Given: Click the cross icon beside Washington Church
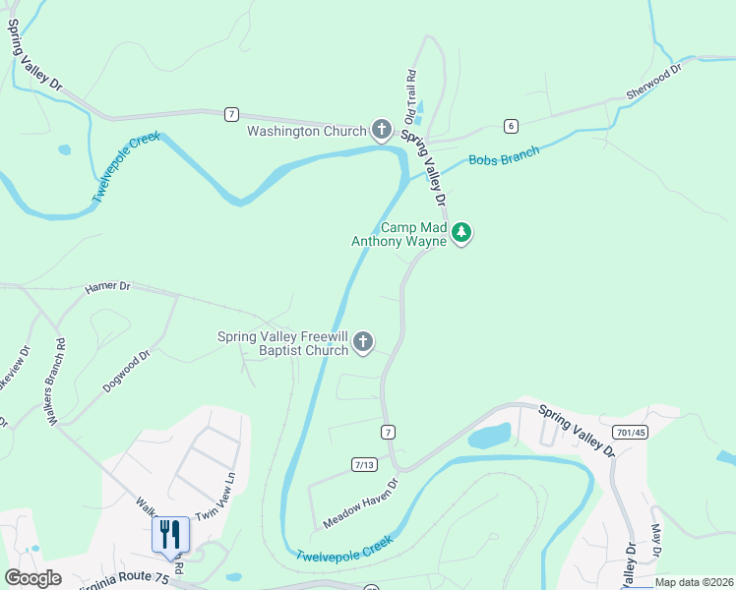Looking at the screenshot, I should click(x=382, y=130).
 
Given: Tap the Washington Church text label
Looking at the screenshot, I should click(x=306, y=131).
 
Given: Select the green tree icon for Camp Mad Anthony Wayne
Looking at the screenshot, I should click(x=462, y=233).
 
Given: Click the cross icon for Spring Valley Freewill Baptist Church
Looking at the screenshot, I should click(x=363, y=342).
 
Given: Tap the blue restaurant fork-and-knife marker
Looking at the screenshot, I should click(x=169, y=535).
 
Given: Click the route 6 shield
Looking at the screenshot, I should click(x=510, y=125).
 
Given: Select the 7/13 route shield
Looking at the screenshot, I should click(x=364, y=464).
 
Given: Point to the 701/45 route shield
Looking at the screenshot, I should click(x=629, y=432).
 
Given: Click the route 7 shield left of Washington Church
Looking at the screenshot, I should click(x=230, y=114).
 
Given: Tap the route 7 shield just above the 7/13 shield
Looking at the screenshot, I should click(x=389, y=432).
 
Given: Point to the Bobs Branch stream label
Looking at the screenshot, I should click(x=504, y=157).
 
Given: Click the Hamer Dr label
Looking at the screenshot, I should click(x=107, y=286).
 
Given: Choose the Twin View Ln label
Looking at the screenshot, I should click(x=216, y=498).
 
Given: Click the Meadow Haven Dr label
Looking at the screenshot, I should click(x=359, y=503).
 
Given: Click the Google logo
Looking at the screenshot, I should click(x=33, y=578).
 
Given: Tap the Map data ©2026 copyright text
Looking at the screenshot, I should click(x=693, y=582).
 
